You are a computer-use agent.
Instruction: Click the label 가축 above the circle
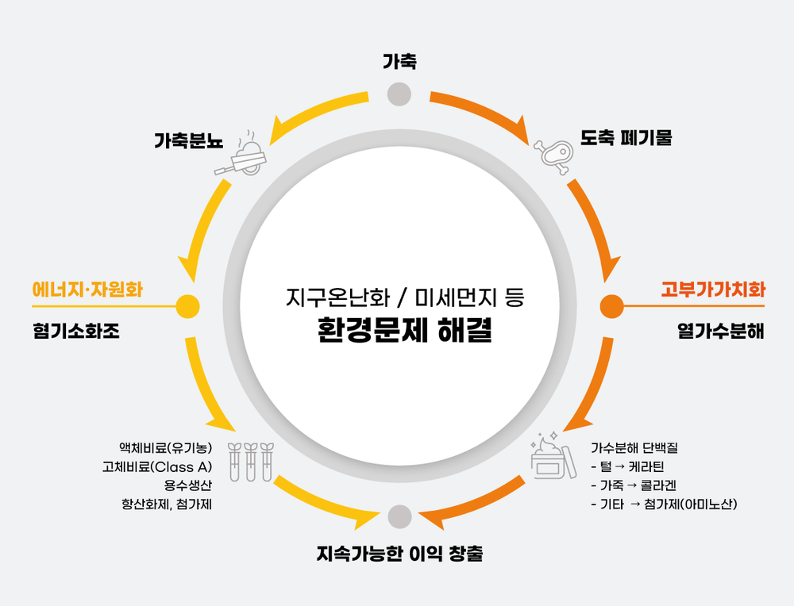click(x=399, y=61)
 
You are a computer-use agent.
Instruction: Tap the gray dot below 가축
click(x=399, y=94)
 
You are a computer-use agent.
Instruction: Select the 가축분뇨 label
click(x=188, y=143)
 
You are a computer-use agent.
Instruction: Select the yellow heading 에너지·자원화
click(x=87, y=290)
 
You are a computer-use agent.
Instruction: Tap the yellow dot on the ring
click(x=187, y=305)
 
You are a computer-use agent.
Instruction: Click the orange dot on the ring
click(x=611, y=305)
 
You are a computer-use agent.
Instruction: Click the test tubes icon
click(x=249, y=462)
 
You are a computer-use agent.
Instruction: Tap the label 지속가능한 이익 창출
click(x=399, y=554)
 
